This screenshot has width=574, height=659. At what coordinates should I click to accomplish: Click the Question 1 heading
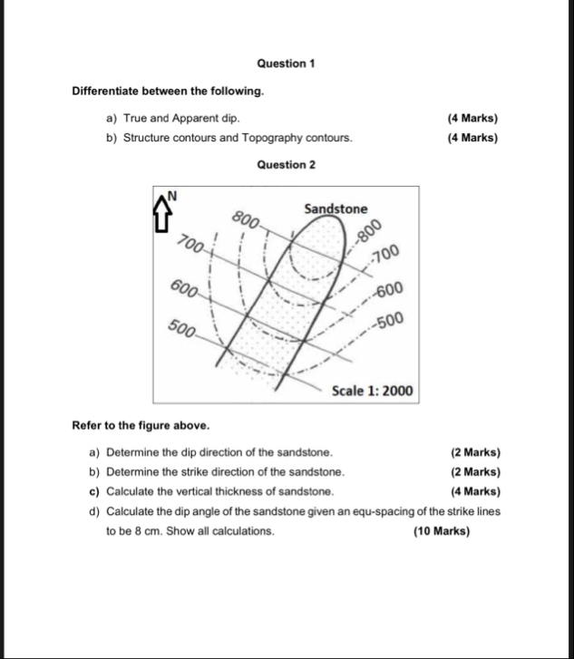[x=286, y=63]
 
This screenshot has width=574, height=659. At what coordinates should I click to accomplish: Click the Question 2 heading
[x=286, y=165]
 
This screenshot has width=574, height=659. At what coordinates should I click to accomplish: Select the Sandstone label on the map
[x=336, y=209]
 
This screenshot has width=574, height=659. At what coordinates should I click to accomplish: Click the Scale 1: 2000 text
[x=372, y=392]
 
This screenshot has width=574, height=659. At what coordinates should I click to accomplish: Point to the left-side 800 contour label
[x=246, y=218]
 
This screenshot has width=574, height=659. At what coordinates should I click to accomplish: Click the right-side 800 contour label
[x=369, y=230]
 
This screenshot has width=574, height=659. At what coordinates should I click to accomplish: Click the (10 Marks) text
[x=442, y=532]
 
